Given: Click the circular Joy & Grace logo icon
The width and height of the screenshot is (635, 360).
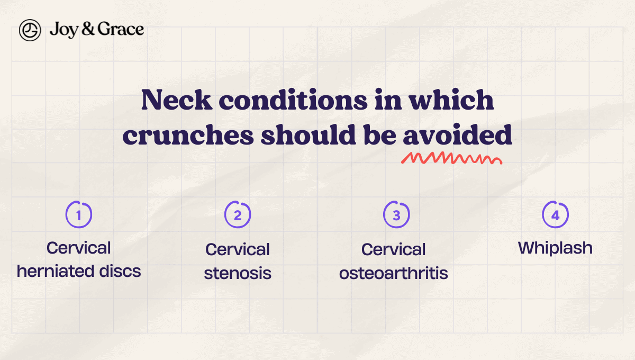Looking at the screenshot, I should [x=30, y=30].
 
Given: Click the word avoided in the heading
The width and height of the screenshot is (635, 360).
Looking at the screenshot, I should [x=458, y=136].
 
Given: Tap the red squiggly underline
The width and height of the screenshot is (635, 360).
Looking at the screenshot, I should [x=451, y=158].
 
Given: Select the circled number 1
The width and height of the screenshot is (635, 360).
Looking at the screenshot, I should [x=79, y=214].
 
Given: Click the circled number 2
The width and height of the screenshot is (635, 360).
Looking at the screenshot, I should [x=238, y=214].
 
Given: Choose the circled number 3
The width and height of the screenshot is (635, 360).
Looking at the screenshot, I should [x=396, y=214].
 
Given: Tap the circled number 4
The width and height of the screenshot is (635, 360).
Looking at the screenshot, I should [x=555, y=214].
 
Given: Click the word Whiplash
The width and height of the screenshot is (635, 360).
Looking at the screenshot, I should [x=555, y=248].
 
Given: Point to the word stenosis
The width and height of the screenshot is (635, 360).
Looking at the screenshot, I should [x=238, y=273].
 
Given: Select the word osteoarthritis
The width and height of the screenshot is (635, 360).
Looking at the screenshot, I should [x=394, y=273].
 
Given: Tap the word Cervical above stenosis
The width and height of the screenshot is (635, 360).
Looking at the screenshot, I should [x=238, y=249].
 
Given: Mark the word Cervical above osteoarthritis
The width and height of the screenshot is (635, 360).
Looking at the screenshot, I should [x=394, y=249].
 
